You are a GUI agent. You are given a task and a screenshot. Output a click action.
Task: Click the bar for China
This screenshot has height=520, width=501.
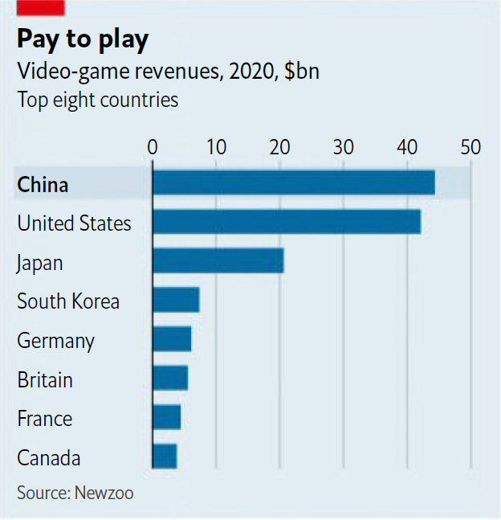[293, 183]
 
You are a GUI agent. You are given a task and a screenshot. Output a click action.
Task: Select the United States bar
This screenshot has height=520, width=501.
[286, 222]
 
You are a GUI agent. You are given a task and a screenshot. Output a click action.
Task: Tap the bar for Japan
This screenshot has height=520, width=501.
[218, 261]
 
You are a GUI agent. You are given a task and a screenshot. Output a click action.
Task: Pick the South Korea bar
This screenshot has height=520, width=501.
[175, 300]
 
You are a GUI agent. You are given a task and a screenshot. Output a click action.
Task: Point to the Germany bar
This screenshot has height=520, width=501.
[171, 339]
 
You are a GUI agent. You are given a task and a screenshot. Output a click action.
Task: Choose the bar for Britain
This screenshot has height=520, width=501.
[169, 378]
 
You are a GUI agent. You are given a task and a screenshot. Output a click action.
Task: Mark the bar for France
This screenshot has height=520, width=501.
[166, 417]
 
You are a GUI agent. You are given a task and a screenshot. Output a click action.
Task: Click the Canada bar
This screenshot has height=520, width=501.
[164, 456]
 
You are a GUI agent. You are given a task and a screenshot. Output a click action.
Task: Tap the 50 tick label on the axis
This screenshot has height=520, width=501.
[470, 147]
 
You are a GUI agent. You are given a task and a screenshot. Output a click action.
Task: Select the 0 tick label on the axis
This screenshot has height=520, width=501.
[152, 147]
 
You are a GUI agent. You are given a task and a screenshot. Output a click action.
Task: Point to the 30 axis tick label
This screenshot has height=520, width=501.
[343, 147]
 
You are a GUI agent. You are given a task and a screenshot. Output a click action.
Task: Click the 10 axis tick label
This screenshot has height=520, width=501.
[215, 147]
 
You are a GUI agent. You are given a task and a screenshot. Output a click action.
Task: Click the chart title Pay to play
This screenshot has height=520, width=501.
[82, 39]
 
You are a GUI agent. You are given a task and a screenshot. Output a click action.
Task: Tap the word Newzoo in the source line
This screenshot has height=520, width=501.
[104, 493]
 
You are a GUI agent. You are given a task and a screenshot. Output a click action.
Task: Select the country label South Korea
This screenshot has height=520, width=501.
[68, 301]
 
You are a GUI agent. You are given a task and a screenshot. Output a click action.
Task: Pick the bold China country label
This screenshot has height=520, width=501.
[43, 185]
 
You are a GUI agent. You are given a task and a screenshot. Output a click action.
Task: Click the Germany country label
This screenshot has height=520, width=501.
[55, 341]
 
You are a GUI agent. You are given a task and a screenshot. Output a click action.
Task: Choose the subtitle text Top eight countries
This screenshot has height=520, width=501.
[97, 100]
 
